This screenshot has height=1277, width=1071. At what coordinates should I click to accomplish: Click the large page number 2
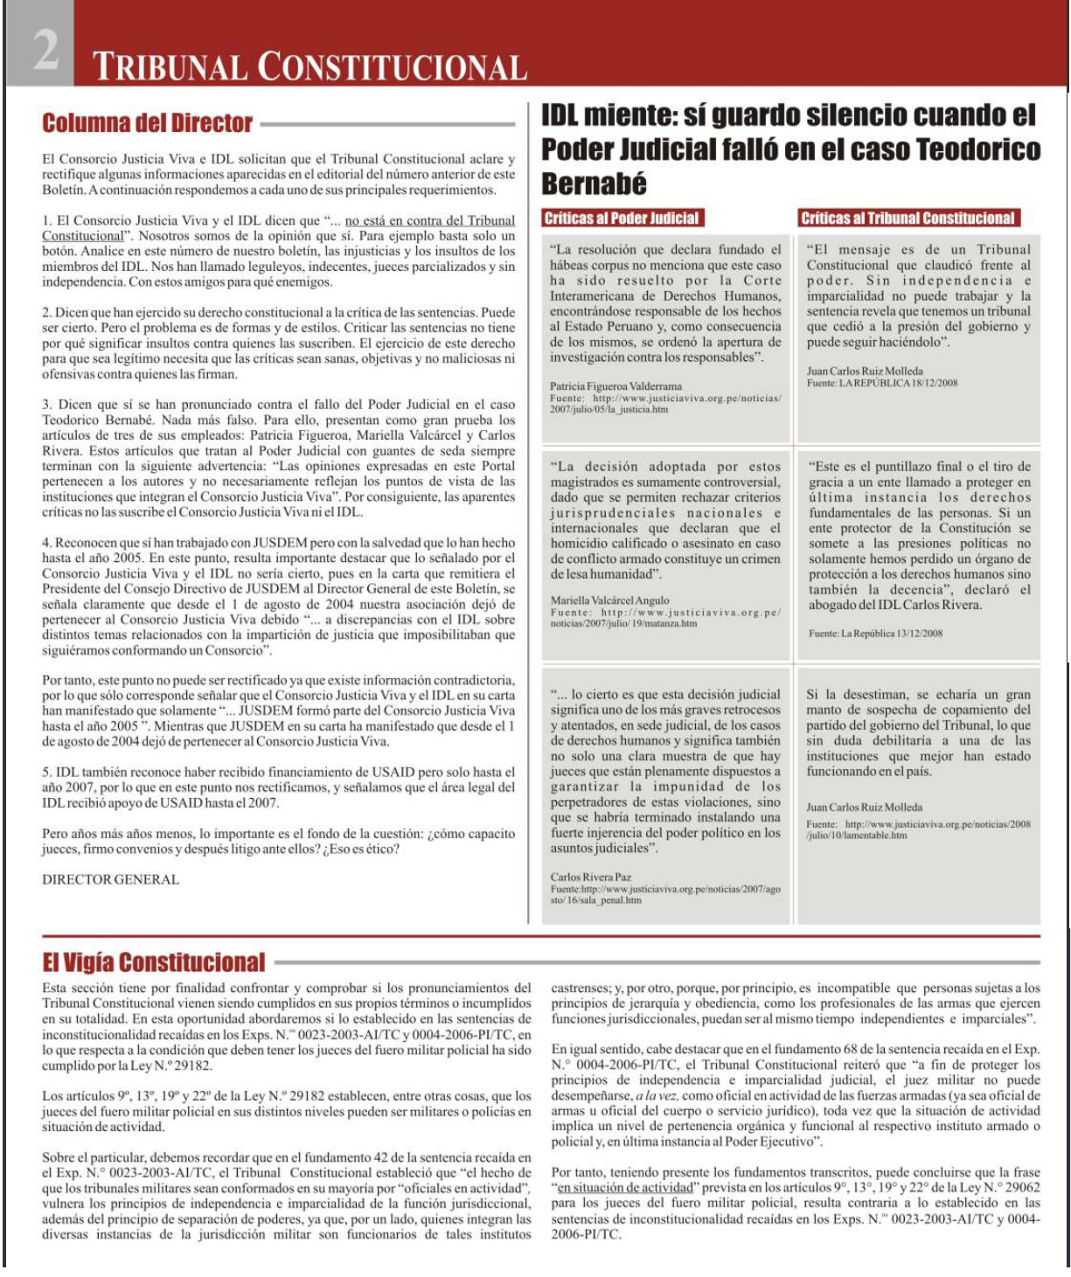point(45,49)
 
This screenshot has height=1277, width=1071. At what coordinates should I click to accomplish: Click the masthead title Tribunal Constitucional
point(309,67)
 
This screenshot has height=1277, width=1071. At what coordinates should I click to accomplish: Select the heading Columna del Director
point(147,123)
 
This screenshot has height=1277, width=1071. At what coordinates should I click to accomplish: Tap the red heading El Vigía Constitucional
point(153,962)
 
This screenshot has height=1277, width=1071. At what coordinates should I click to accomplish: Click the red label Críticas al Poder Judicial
point(621,219)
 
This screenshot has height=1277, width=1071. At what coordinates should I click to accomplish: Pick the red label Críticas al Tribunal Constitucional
point(908,219)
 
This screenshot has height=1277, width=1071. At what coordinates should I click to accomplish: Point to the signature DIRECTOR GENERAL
point(110,879)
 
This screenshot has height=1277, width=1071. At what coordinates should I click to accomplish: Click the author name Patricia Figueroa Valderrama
point(615,385)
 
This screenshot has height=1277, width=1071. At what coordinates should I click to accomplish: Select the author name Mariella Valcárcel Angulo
point(609,600)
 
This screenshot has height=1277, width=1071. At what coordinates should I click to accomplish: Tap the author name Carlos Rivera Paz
point(590,877)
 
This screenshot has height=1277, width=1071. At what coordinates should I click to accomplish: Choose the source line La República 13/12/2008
point(875,633)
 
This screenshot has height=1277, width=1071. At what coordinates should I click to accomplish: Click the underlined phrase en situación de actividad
point(629,1188)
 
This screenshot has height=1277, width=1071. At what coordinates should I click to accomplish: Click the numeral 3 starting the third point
point(46,405)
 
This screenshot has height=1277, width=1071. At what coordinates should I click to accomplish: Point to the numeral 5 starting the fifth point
point(46,773)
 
